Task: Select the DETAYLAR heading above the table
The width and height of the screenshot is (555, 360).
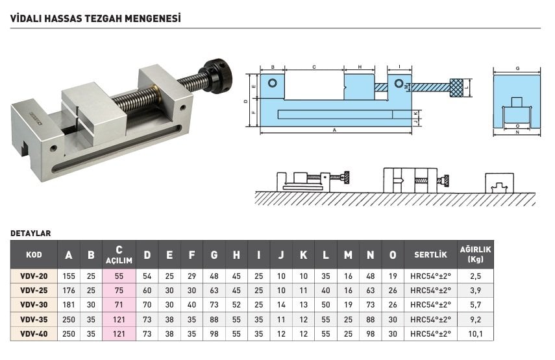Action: coord(31,234)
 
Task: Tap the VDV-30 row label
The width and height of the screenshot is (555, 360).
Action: coord(34,304)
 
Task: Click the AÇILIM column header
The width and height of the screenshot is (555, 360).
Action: coord(119,261)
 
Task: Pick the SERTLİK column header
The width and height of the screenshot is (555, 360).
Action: coord(430,255)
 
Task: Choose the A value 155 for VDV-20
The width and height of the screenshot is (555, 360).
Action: coord(69,276)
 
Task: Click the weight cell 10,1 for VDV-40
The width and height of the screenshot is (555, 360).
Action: coord(475,334)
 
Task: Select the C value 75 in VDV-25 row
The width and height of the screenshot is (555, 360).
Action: coord(119,291)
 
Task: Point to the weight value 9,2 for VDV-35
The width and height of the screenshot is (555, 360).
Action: coord(475,320)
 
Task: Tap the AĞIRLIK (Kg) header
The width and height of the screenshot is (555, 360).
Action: coord(475,254)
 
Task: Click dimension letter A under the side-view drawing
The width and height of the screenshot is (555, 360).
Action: coord(334,130)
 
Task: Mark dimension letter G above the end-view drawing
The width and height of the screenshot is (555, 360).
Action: coord(517,68)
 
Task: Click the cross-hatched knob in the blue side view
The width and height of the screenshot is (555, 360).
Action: coord(456,88)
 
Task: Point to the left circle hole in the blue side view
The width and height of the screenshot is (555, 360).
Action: coord(273,83)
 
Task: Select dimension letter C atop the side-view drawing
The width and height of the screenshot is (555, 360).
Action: coord(314,67)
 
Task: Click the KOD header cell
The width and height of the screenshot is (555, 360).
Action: coord(34,255)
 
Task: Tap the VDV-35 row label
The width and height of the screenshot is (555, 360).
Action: coord(34,320)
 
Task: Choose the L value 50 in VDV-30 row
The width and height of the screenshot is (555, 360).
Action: coord(326,304)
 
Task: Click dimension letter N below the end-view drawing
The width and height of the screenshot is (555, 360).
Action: coord(517,132)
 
